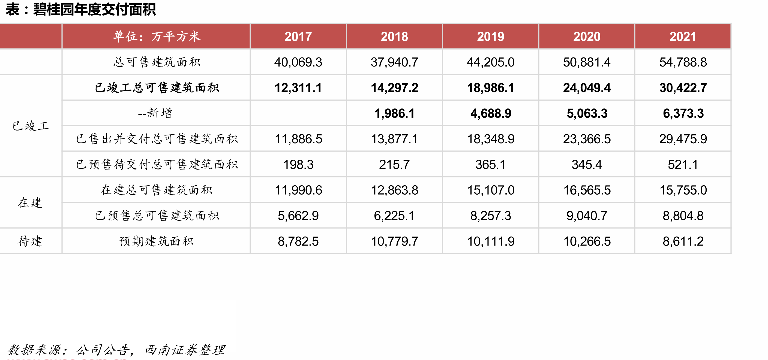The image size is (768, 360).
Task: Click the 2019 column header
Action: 490,36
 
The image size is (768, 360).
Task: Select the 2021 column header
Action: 683,36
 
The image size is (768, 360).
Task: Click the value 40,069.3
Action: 298,62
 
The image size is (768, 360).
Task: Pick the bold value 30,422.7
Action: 683,88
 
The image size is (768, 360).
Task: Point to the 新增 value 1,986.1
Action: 394,113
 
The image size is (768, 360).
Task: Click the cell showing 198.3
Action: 298,165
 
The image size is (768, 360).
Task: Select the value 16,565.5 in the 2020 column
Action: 587,190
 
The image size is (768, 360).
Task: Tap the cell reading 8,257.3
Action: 490,216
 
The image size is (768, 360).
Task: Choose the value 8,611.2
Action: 683,241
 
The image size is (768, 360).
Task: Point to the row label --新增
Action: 155,113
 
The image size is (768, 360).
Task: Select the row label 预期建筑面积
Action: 156,241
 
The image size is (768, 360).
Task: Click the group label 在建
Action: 30,203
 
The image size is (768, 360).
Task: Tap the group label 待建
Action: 30,241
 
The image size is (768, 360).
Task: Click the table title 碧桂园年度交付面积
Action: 94,9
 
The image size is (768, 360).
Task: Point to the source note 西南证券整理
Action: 185,350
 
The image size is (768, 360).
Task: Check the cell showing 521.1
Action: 683,165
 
